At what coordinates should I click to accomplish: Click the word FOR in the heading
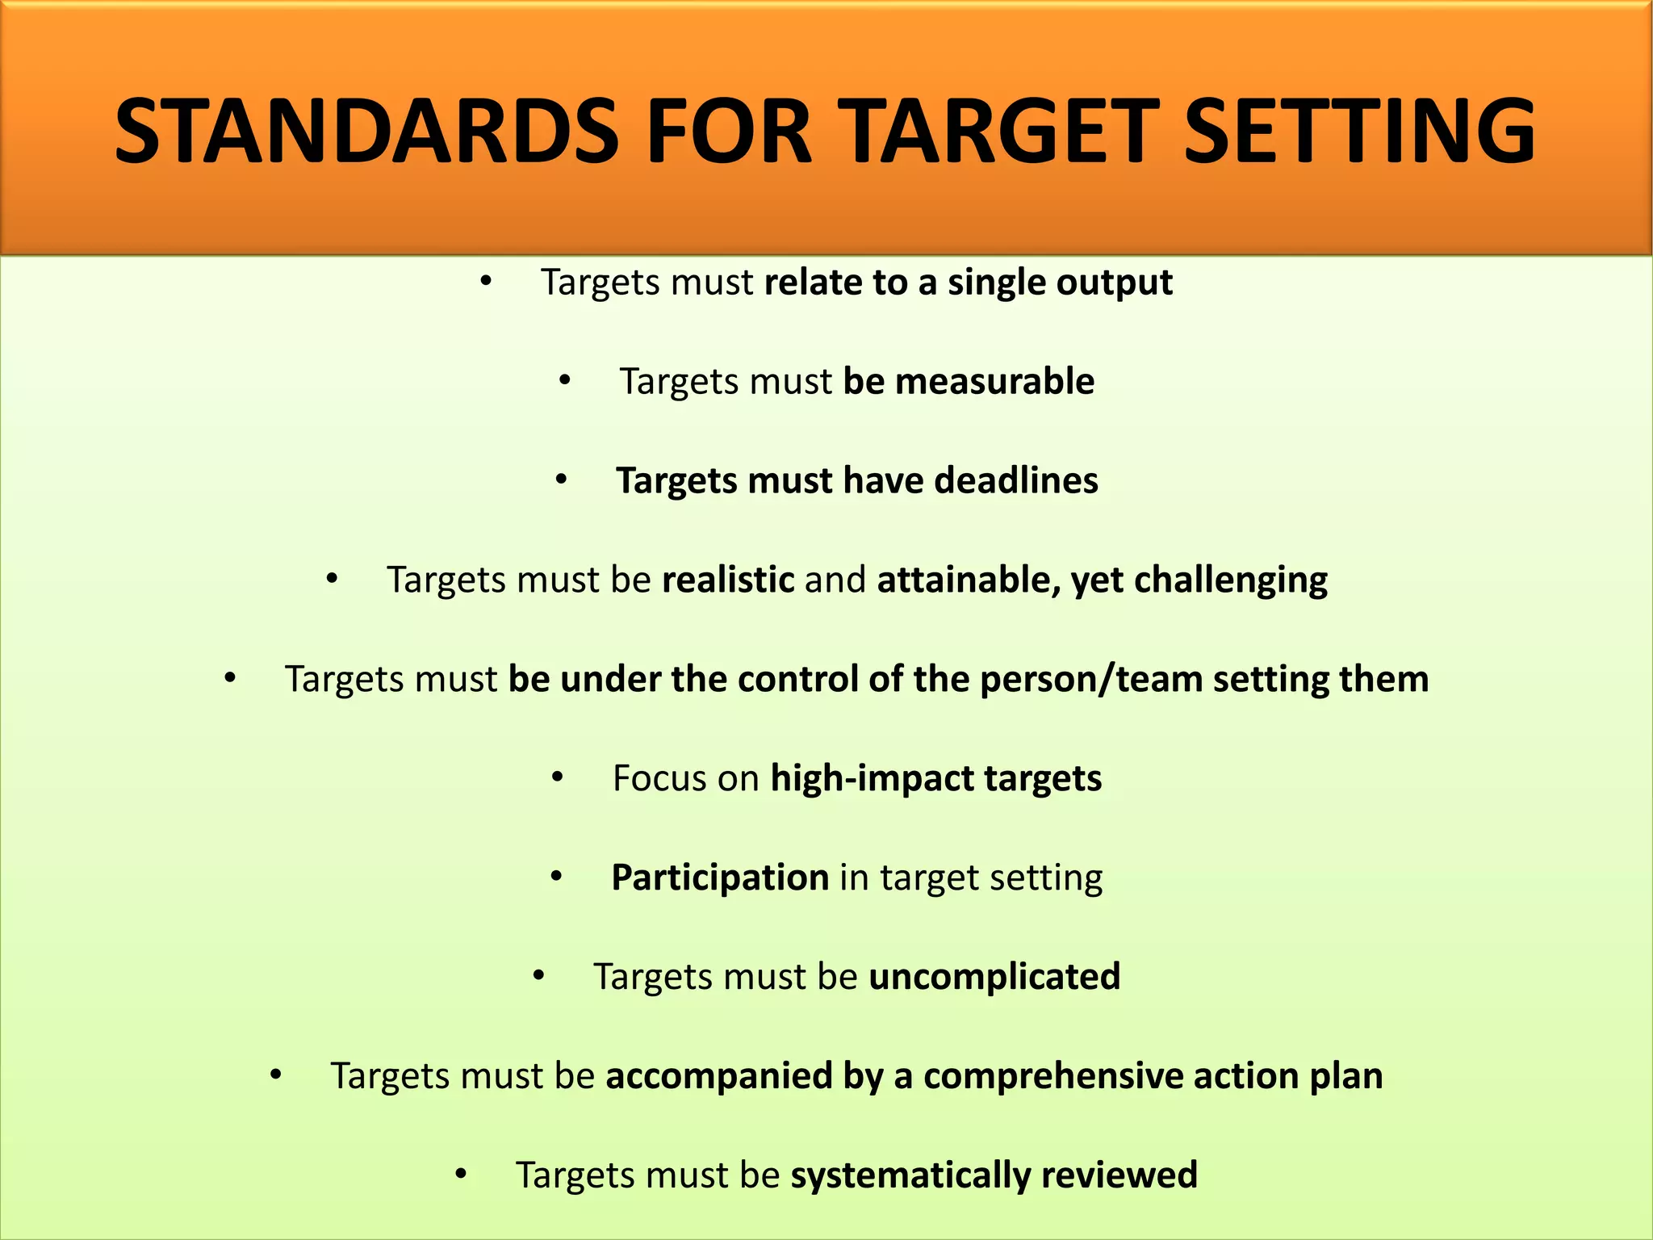(x=729, y=132)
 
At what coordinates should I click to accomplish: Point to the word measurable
(x=994, y=381)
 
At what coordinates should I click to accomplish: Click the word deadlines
(x=1016, y=480)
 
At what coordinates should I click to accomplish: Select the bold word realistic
(x=728, y=580)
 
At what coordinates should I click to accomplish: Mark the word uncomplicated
(x=994, y=977)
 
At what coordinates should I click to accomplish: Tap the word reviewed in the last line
(x=1119, y=1175)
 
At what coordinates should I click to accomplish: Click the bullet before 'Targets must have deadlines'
(x=563, y=480)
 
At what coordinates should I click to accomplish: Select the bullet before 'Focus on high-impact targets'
(x=558, y=778)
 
